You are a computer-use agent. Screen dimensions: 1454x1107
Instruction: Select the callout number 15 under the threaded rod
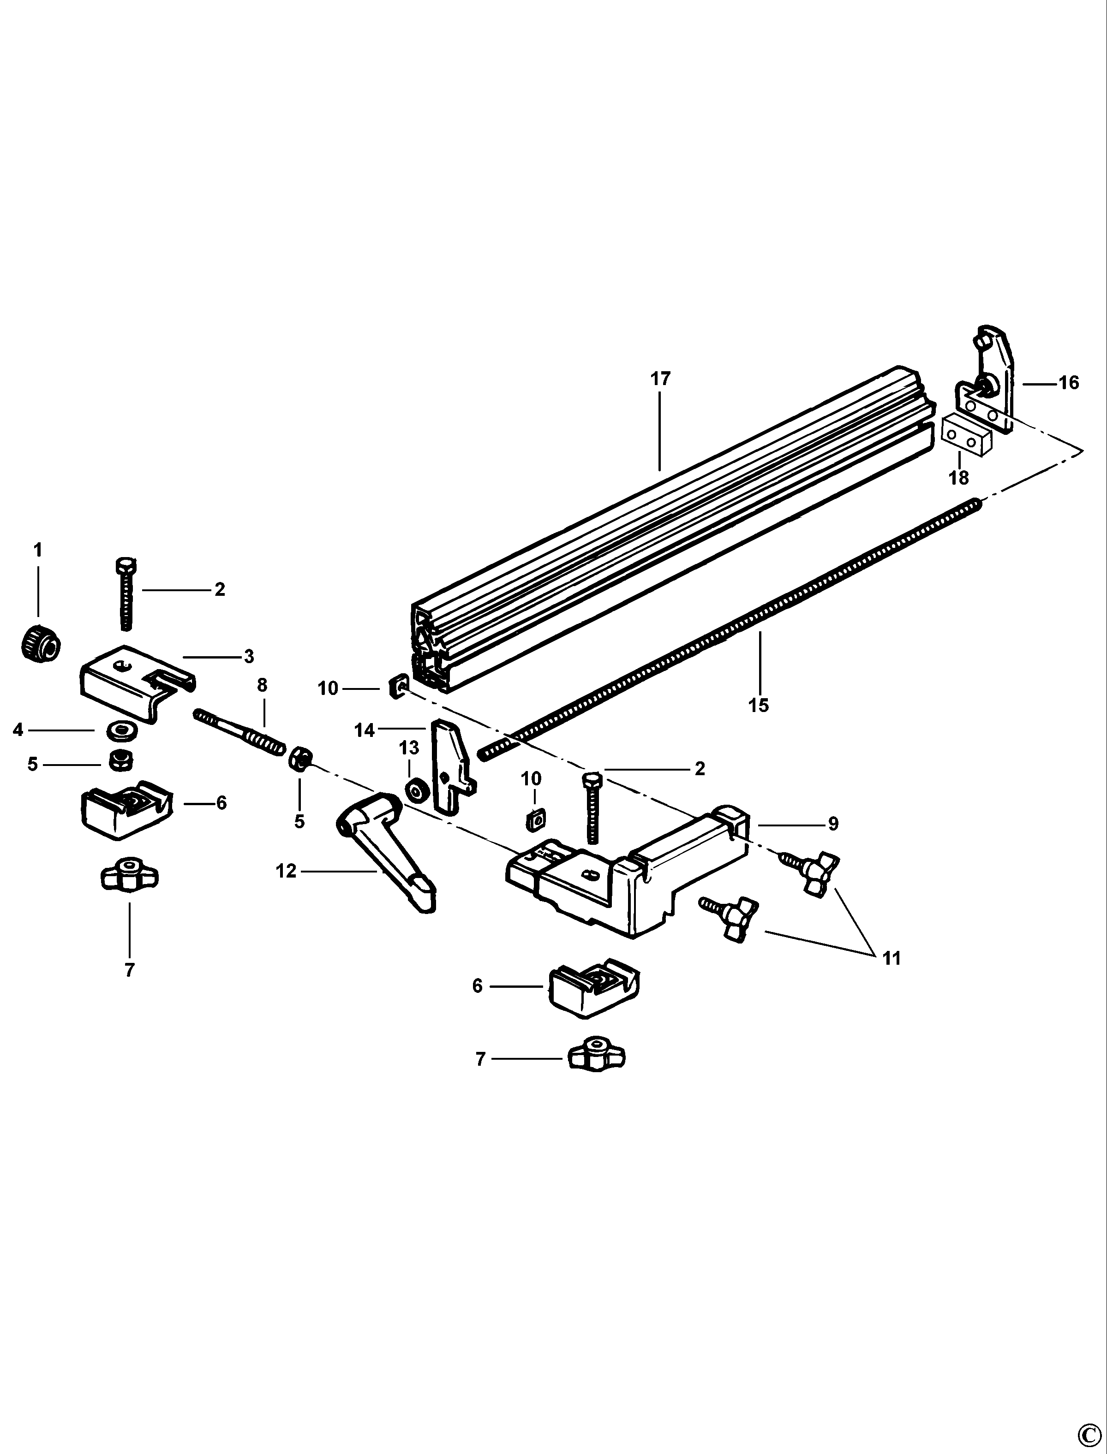click(x=759, y=705)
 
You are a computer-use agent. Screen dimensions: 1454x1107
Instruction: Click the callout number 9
click(x=833, y=824)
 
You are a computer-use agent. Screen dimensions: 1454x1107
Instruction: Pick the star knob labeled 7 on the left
click(x=130, y=875)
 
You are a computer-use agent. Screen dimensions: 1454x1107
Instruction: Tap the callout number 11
click(x=891, y=958)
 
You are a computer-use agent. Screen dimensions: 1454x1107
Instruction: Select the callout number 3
click(x=248, y=657)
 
